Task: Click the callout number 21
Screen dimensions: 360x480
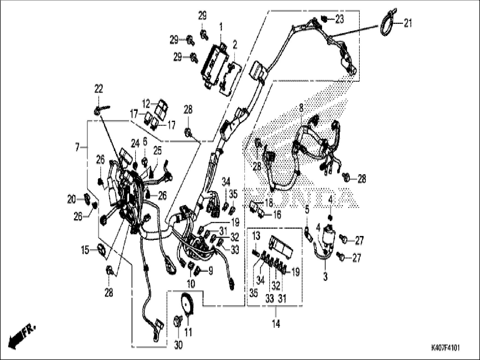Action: [x=408, y=23]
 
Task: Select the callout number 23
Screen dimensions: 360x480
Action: [x=339, y=19]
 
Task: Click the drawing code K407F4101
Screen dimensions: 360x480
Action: [x=445, y=348]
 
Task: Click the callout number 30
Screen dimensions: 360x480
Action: [x=178, y=345]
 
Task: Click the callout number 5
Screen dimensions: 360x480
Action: [x=307, y=209]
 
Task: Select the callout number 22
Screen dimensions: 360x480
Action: [x=99, y=89]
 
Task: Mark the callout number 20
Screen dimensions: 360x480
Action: [x=71, y=200]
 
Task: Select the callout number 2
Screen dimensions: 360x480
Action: [x=235, y=44]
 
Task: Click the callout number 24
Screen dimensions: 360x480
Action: [x=135, y=144]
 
